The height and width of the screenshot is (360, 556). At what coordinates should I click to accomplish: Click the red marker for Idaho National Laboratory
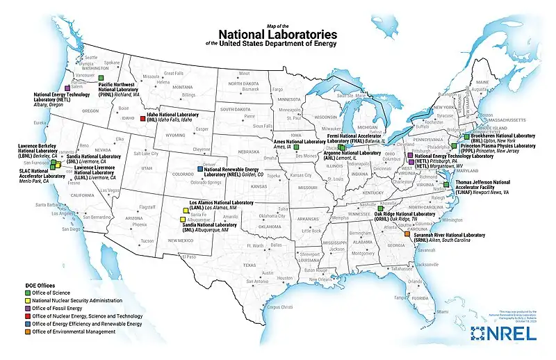[143, 119]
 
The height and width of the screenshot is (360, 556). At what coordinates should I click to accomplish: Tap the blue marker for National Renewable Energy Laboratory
[201, 169]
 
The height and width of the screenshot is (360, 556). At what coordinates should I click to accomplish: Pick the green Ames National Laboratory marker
[296, 147]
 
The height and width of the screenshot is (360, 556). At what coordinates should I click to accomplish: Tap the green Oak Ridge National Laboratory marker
[380, 208]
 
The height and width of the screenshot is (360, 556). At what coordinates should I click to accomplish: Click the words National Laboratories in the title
[277, 33]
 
